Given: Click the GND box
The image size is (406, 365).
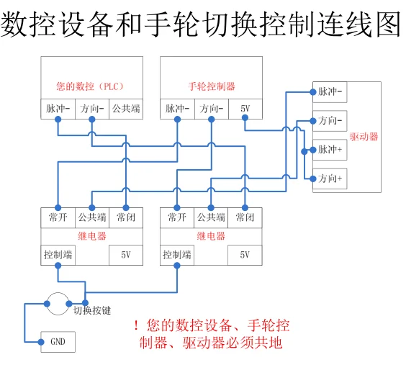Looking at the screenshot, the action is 58,342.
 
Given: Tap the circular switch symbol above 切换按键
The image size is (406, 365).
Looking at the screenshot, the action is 58,293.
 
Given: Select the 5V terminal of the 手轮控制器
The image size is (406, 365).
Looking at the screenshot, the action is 245,109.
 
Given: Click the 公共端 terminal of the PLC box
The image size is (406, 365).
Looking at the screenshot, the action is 126,109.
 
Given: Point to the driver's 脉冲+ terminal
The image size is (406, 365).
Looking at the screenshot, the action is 330,150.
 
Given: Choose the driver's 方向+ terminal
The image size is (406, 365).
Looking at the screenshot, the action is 330,179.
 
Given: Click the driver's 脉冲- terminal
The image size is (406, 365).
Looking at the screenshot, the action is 330,92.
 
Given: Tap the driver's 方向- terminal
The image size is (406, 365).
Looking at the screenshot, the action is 330,121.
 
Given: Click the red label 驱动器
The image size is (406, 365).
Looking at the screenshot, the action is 364,137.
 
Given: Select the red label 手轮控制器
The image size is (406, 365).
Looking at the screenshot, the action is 212,86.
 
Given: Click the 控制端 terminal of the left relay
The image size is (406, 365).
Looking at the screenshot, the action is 58,255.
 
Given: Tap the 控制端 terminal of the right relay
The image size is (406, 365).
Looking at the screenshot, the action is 177,255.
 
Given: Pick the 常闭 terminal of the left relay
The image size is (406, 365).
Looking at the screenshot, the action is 126,217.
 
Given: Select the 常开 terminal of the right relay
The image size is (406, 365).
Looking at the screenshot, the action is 177,217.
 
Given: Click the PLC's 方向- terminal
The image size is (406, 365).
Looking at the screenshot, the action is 92,109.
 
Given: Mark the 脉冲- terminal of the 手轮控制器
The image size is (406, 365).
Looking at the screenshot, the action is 177,109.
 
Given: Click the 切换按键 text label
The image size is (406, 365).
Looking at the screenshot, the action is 92,310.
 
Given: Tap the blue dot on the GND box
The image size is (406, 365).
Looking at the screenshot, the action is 41,342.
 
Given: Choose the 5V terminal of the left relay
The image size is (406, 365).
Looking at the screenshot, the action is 126,255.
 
